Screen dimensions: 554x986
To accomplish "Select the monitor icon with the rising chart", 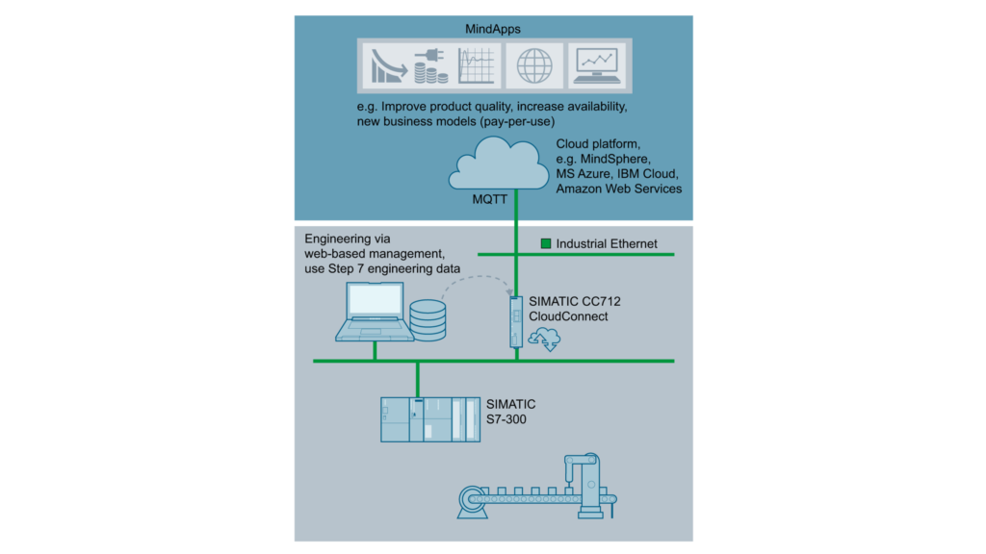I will pyautogui.click(x=597, y=66).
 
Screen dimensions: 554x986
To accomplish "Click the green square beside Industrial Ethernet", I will pyautogui.click(x=546, y=244).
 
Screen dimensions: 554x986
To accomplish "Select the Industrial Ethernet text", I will pyautogui.click(x=607, y=244).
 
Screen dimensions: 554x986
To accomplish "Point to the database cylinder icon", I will pyautogui.click(x=427, y=319).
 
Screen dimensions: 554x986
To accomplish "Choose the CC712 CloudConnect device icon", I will pyautogui.click(x=516, y=322).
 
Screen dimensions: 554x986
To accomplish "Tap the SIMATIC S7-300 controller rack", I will pyautogui.click(x=428, y=418).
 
